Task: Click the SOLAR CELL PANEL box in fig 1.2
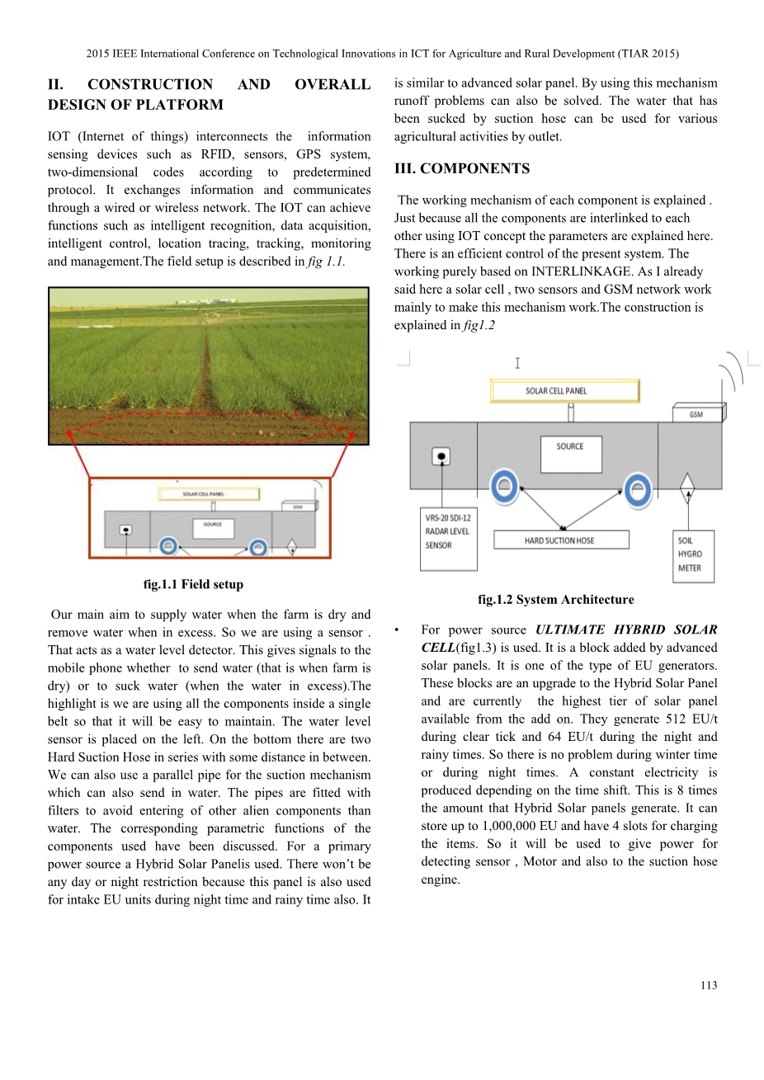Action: [564, 390]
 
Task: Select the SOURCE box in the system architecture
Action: [571, 455]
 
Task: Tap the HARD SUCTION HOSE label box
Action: [561, 540]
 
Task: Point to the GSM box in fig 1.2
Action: [698, 413]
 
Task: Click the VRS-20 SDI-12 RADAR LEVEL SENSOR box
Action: [448, 538]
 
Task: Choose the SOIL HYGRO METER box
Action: [692, 555]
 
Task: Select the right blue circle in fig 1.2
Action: [638, 490]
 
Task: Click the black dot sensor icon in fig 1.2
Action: [442, 456]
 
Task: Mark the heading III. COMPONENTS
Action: [462, 168]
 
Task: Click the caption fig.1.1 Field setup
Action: [193, 584]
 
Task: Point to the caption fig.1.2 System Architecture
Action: [555, 600]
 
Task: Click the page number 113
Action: [709, 985]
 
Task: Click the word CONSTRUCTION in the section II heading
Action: [150, 84]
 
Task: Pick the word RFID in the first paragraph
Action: [216, 154]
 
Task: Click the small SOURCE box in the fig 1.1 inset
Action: [213, 526]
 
